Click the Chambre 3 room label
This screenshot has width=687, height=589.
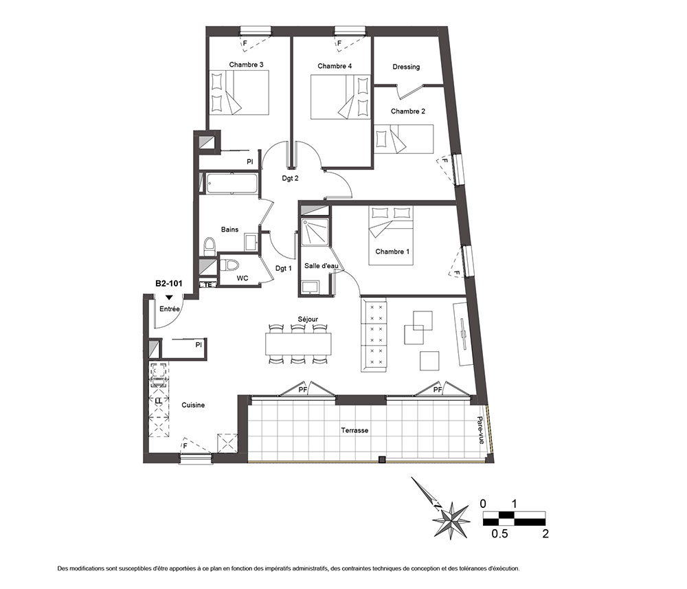coord(246,65)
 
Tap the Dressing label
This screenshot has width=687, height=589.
coord(406,67)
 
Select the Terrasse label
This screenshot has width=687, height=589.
coord(354,430)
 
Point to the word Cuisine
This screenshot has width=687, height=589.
coord(193,405)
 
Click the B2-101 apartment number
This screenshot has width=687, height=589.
coord(169,284)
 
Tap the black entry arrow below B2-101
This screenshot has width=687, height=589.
coord(169,298)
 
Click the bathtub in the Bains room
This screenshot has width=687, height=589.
coord(232,184)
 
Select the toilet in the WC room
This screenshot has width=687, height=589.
coord(229,265)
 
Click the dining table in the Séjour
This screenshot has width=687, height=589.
coord(298,344)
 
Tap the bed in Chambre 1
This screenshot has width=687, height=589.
coord(391,235)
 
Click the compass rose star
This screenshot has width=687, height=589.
coord(451,521)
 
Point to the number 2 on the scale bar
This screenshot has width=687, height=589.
coord(545,533)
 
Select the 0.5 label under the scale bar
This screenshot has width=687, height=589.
coord(499,533)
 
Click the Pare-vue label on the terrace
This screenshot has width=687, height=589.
coord(482,430)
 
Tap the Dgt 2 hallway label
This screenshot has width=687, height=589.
coord(290,179)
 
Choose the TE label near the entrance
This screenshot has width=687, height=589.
coord(208,285)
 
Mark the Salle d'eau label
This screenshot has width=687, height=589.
coord(321,265)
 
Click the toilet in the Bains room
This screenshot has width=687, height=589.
coord(210,246)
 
